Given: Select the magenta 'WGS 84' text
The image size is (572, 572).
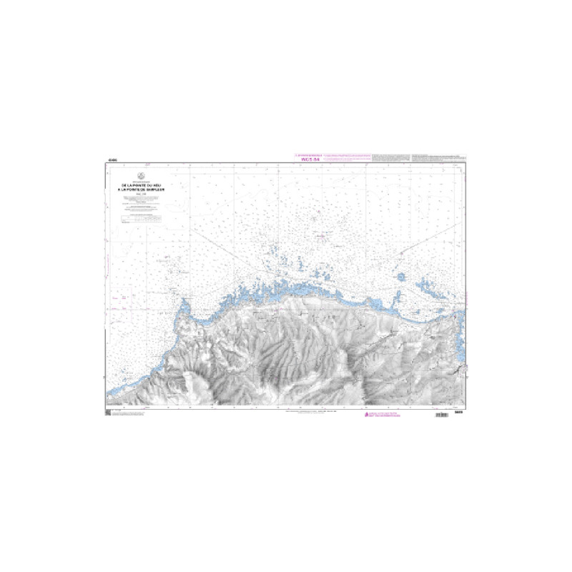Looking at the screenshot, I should click(305, 159).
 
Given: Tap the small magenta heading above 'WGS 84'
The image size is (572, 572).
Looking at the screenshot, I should click(305, 154).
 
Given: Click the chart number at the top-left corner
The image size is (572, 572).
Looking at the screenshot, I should click(109, 159).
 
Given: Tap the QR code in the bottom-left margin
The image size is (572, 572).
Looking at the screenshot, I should click(108, 414).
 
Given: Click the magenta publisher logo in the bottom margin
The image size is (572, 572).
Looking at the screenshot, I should click(370, 415).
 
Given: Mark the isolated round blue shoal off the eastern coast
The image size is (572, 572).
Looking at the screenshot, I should click(400, 277).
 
